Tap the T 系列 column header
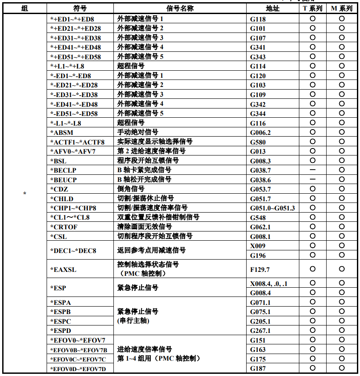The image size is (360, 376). (x=313, y=8)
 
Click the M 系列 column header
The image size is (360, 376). (x=342, y=8)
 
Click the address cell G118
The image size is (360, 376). (x=258, y=19)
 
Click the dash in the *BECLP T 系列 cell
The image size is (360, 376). (x=313, y=170)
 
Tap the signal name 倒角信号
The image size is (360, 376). (x=131, y=189)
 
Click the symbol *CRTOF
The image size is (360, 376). (x=65, y=227)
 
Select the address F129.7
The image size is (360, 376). (x=260, y=269)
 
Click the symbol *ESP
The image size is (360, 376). (x=59, y=288)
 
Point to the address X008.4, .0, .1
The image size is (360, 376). (x=269, y=284)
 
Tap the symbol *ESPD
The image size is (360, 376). (x=61, y=331)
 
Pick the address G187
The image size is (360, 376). (x=258, y=369)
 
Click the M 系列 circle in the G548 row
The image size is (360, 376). (x=342, y=217)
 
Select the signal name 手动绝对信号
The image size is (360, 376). (x=138, y=132)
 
